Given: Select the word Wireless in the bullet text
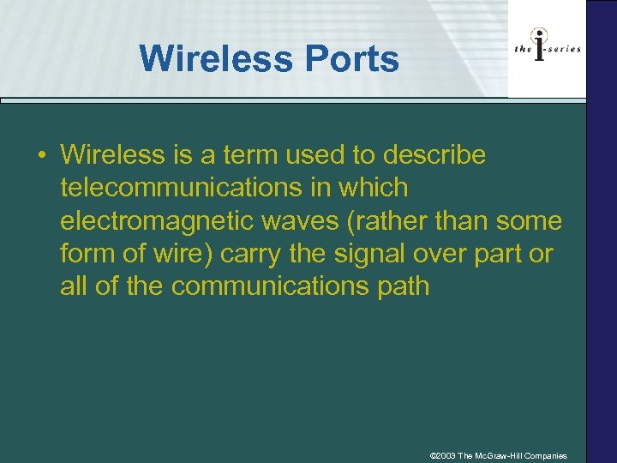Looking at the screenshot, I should [112, 155].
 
